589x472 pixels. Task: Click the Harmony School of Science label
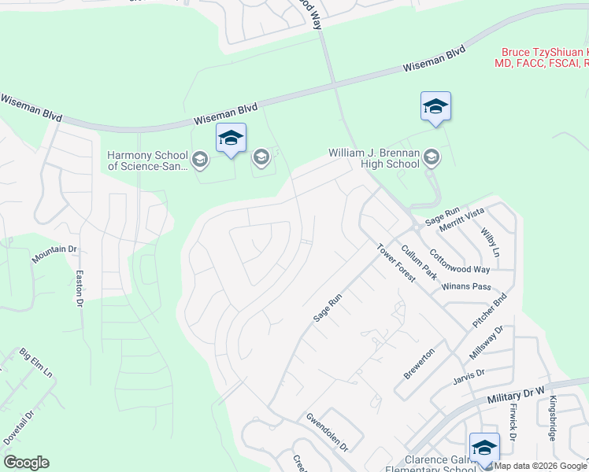148,160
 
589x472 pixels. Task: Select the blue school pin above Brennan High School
435,107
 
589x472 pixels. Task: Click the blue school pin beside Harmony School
231,138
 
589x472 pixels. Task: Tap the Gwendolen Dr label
327,431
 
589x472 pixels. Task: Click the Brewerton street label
419,363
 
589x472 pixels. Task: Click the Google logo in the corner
26,463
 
